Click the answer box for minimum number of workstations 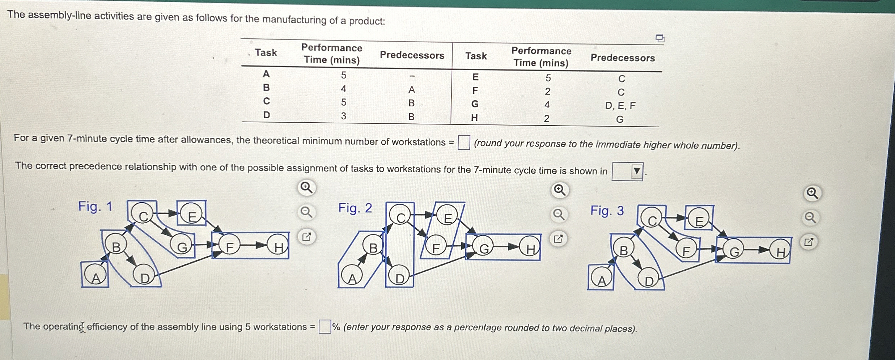[463, 142]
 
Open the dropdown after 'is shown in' [627, 171]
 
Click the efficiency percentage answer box [325, 327]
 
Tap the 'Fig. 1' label [96, 207]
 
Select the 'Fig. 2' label [355, 208]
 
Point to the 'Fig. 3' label [607, 211]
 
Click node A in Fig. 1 [96, 277]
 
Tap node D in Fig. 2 [399, 278]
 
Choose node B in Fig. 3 [623, 250]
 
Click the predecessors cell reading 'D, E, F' [620, 106]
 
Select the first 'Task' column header [266, 53]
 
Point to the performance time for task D [343, 116]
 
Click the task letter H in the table [474, 118]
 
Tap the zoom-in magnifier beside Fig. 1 [306, 188]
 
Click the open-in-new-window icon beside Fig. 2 [558, 239]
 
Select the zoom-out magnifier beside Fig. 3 [810, 218]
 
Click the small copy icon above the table [660, 38]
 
